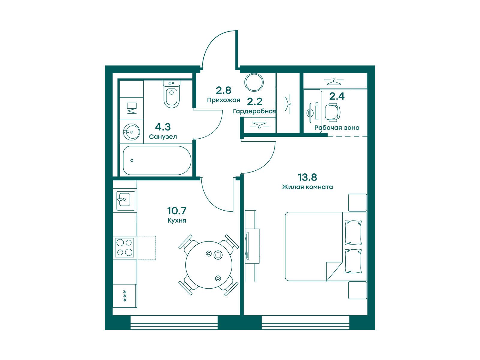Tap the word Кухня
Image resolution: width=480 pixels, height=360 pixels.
177,220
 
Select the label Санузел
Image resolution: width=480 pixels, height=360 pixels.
163,137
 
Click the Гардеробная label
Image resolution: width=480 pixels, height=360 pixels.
254,112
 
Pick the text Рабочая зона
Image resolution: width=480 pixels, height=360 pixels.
337,128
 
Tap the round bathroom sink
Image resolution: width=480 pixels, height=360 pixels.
131,132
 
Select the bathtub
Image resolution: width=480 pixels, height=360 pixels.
157,160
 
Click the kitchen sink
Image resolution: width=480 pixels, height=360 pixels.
126,201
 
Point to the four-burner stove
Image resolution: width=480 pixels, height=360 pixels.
124,248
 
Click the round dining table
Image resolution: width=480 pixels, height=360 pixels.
208,265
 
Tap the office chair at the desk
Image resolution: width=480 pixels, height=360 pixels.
332,112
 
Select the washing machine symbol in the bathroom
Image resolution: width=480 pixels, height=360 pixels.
131,108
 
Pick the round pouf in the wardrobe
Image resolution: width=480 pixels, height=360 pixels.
254,82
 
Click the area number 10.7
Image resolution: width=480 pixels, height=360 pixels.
177,211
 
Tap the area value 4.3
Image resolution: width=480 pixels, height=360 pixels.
163,127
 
